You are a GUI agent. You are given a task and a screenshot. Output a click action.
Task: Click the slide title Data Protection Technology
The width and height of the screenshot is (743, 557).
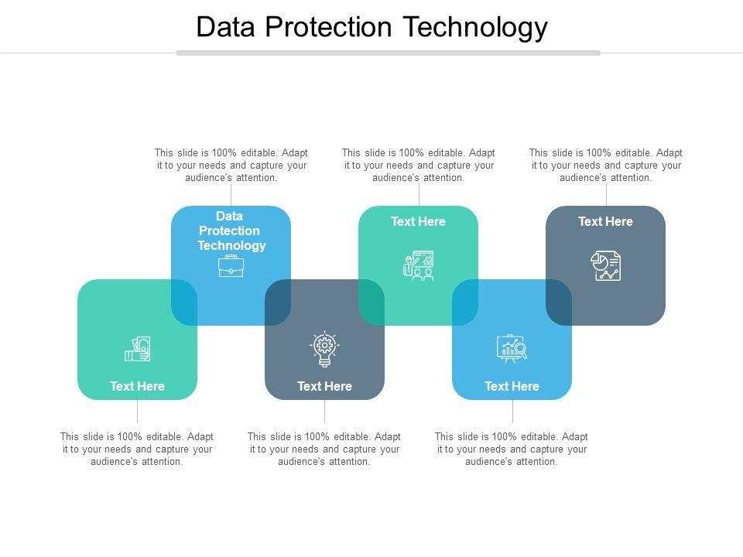coord(371,27)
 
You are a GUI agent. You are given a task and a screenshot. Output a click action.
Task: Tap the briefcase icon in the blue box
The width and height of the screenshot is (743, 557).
coord(231,266)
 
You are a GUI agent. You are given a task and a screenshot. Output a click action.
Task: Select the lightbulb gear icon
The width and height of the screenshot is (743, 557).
coord(324,349)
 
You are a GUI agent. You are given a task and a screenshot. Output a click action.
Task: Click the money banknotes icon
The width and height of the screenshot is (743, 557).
coord(138,350)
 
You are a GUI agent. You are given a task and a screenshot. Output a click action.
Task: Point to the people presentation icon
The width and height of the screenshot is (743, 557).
coord(419,265)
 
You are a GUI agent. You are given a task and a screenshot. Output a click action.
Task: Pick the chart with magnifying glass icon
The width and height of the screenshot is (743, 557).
coord(512,349)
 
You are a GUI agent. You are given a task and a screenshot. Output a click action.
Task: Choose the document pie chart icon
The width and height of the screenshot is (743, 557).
coord(606,265)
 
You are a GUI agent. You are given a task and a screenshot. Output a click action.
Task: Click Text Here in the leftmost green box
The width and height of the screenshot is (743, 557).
coord(137,386)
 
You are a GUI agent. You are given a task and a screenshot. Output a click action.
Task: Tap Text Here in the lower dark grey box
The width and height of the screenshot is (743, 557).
coord(324,386)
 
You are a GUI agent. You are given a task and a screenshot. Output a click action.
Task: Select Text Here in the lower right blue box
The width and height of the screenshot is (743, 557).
coord(512,386)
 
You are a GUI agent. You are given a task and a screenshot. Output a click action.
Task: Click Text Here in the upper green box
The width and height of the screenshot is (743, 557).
coord(418,221)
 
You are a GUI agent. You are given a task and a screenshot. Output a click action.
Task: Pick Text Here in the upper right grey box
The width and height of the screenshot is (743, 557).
coord(605,221)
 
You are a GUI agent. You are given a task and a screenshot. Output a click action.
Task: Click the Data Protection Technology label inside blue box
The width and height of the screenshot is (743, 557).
coord(231,231)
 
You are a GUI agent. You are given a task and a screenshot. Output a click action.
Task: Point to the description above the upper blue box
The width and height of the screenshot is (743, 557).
coord(231,165)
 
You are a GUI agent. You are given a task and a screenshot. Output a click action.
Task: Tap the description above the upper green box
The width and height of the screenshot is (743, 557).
coord(418,165)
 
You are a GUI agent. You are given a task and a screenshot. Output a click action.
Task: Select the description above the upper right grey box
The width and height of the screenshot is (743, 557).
coord(605,165)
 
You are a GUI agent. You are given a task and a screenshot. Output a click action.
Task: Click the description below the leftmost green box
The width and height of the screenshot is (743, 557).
coord(137,449)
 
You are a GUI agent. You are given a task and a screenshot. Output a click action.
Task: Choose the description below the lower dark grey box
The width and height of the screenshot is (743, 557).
coord(324,449)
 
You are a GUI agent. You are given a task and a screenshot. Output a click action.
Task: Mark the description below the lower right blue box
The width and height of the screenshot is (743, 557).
coord(512,449)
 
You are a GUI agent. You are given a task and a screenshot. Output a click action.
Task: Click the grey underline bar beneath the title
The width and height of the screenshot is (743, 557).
coord(389,53)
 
